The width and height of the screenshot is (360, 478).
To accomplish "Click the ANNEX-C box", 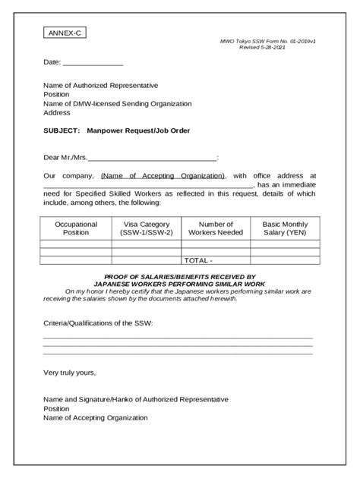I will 64,34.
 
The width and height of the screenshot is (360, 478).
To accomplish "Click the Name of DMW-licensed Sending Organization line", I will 117,102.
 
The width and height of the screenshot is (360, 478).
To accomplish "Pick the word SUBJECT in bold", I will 61,131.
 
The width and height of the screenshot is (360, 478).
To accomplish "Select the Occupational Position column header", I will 76,228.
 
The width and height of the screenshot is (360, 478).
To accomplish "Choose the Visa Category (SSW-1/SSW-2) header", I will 147,228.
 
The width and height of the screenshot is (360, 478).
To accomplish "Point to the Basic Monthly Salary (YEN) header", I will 285,228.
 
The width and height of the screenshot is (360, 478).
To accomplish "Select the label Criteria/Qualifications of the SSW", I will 98,323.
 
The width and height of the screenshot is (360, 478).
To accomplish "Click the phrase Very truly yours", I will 69,373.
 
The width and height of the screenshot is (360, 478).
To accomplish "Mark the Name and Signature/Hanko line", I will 136,399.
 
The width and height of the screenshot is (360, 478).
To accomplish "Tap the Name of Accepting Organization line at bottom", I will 96,417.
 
